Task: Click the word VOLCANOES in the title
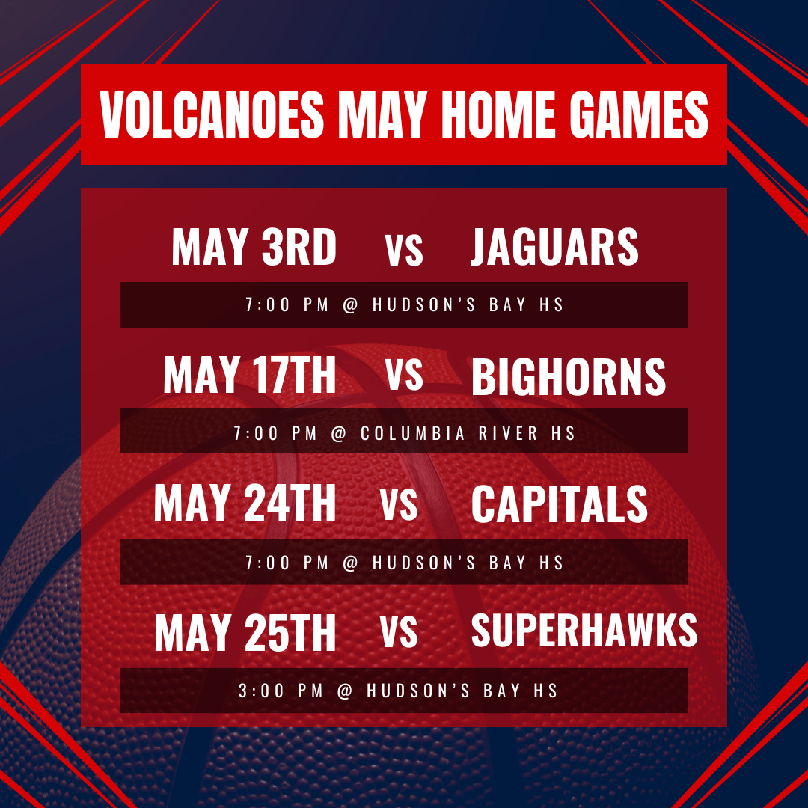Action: click(212, 114)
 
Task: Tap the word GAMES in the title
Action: click(638, 114)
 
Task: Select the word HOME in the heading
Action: click(498, 114)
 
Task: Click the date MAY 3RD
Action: click(254, 247)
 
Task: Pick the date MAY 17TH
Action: click(249, 375)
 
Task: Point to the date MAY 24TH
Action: click(245, 503)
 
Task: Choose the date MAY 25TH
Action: click(245, 632)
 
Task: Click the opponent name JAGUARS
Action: click(554, 247)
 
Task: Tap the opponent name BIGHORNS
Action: click(569, 376)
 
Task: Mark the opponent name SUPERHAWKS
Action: click(584, 630)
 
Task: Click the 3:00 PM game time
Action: click(281, 691)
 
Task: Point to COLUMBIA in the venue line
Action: click(413, 433)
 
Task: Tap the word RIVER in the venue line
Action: click(509, 433)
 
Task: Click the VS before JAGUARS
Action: click(404, 249)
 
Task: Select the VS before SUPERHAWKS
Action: click(399, 631)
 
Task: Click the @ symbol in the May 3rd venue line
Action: click(350, 305)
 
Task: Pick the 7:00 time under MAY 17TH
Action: click(256, 433)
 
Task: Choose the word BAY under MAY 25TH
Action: click(501, 691)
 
